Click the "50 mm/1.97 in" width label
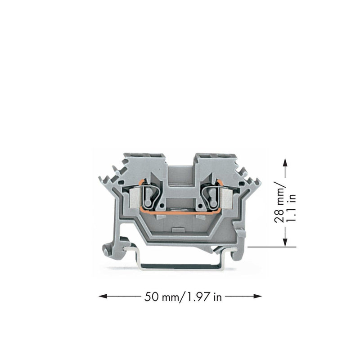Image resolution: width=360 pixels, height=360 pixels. coord(183,297)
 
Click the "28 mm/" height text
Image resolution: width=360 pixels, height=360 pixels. coord(279,202)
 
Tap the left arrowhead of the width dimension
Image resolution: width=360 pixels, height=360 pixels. coord(103,296)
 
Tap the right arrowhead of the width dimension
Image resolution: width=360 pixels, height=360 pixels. coord(257,296)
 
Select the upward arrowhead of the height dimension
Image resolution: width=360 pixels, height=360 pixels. coord(285,162)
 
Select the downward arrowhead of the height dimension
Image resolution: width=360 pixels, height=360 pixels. coord(285,242)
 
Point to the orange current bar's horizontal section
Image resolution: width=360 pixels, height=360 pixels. coord(181,213)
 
